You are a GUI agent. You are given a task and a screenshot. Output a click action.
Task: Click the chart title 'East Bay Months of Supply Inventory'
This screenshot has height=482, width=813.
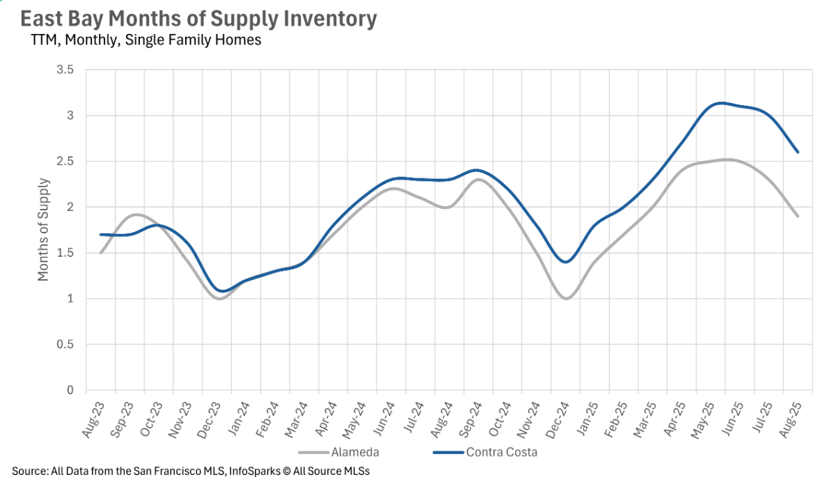[198, 19]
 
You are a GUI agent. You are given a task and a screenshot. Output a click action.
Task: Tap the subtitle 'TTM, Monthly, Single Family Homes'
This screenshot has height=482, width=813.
[146, 40]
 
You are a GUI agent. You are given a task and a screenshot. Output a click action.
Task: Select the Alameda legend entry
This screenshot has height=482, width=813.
[355, 452]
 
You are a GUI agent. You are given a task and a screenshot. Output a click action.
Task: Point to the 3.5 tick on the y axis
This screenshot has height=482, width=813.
[65, 70]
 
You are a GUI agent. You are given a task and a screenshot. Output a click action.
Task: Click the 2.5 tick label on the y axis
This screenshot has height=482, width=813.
[65, 162]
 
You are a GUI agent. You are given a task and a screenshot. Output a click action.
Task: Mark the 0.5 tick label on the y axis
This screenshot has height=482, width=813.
[65, 345]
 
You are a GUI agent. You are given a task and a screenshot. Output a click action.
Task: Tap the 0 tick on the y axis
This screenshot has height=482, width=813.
[70, 391]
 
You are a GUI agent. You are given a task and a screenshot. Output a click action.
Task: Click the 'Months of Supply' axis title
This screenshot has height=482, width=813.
[44, 230]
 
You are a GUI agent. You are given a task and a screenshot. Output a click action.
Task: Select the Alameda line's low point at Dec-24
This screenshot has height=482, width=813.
[566, 299]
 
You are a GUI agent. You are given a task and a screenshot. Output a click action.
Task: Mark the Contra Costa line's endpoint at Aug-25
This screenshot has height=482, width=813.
[798, 153]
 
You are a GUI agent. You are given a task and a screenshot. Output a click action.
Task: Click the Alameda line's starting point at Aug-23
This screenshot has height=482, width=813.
[102, 253]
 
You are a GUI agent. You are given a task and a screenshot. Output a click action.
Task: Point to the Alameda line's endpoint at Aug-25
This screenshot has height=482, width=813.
[798, 216]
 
